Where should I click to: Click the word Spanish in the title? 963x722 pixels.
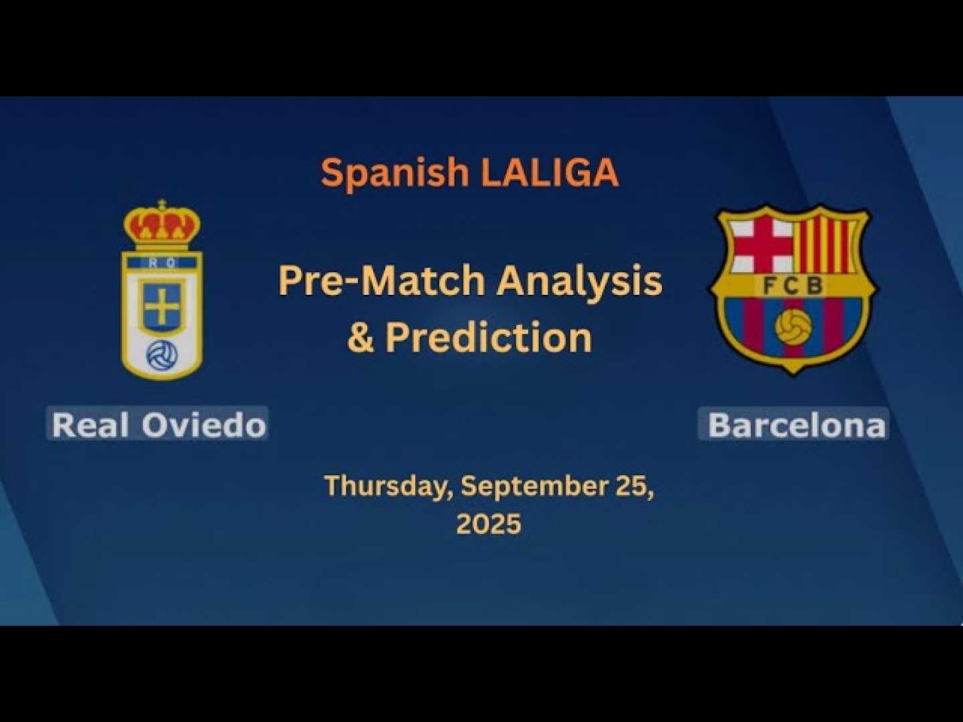pos(395,173)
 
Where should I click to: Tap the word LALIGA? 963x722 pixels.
pos(550,172)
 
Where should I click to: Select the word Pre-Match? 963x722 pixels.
pos(381,281)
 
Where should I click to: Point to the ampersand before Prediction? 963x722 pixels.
pos(360,338)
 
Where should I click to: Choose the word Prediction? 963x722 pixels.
pos(489,337)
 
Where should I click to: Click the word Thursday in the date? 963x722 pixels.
pos(389,487)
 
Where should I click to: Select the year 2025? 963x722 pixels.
pos(489,523)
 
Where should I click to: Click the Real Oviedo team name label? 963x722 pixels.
pos(158,424)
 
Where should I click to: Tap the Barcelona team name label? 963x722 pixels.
pos(794,425)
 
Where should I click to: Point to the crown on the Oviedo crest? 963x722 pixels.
pos(163,225)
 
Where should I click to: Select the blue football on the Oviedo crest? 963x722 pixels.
pos(163,355)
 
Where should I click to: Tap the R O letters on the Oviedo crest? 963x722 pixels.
pos(163,263)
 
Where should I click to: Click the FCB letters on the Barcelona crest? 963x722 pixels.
pos(792,286)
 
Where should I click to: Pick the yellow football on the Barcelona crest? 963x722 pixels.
pos(793,327)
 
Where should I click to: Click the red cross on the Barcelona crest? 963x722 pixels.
pos(762,245)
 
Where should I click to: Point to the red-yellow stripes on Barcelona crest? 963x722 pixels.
pos(826,245)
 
